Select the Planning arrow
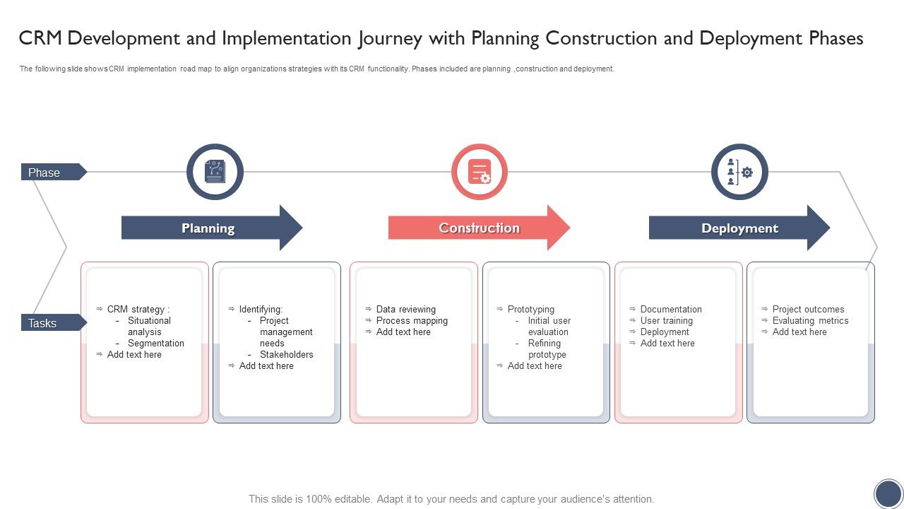click(x=208, y=228)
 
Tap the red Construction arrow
click(x=479, y=228)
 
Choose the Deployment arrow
click(x=739, y=228)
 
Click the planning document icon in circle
click(x=215, y=172)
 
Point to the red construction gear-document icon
click(x=480, y=172)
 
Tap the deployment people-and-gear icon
click(x=739, y=172)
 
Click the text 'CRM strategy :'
click(x=138, y=310)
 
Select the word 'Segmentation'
click(x=155, y=344)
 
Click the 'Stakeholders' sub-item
click(x=286, y=355)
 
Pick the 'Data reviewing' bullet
click(x=405, y=310)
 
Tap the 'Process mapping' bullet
click(x=412, y=321)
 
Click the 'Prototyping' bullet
click(x=530, y=310)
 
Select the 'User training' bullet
click(x=666, y=321)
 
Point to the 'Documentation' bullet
click(x=671, y=310)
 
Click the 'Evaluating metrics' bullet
click(x=810, y=321)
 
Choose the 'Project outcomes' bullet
click(x=808, y=310)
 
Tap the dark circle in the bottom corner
click(x=888, y=493)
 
